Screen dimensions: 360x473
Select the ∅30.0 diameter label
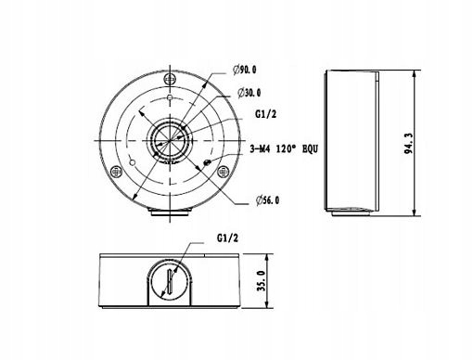pyautogui.click(x=249, y=93)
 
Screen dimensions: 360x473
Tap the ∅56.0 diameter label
pyautogui.click(x=270, y=199)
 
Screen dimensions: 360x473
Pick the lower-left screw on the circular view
pyautogui.click(x=115, y=172)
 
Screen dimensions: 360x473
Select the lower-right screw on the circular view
pyautogui.click(x=223, y=172)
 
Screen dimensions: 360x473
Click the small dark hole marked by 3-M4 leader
pyautogui.click(x=206, y=162)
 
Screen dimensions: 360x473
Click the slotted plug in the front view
pyautogui.click(x=170, y=282)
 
